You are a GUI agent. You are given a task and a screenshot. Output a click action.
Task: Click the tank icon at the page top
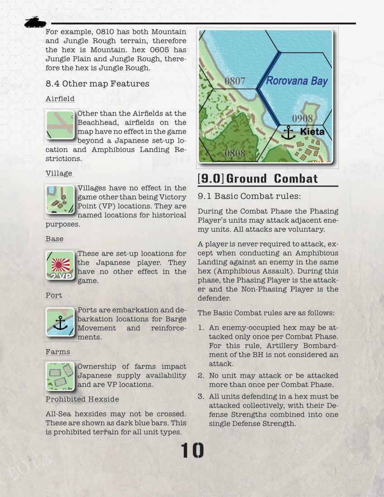tap(35, 22)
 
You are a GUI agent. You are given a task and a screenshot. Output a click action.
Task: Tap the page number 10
tap(192, 450)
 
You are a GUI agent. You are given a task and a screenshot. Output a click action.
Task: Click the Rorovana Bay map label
tap(296, 81)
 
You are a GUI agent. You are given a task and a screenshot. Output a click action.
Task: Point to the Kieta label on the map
tap(312, 132)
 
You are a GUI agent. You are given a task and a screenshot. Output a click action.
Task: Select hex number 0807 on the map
tap(235, 81)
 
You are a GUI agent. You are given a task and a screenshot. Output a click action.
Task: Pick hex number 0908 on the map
tap(302, 118)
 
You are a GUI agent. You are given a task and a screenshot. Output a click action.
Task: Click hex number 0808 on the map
tap(235, 153)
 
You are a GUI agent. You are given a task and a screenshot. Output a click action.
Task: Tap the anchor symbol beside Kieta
tap(288, 133)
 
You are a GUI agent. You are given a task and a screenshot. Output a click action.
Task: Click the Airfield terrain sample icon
tap(60, 125)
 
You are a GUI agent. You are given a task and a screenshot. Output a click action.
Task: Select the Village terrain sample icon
tap(60, 199)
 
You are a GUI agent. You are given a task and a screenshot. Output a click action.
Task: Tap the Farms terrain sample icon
tap(60, 376)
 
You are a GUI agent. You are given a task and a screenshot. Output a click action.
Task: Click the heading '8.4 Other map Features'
tap(97, 84)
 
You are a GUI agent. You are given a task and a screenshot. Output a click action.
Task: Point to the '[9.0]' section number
tap(211, 178)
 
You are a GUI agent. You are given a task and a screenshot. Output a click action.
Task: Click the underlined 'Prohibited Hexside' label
tap(82, 399)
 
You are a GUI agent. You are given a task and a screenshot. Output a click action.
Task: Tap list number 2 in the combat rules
tap(201, 375)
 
